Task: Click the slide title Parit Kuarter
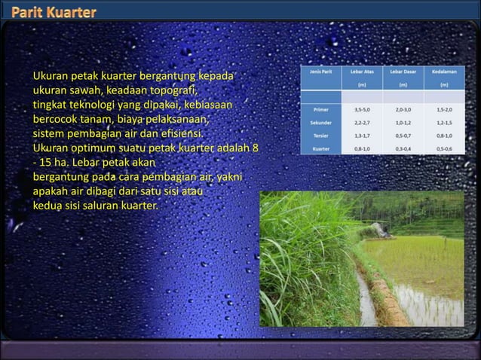pos(53,13)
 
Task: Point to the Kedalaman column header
pos(444,72)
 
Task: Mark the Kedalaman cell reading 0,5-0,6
pos(444,148)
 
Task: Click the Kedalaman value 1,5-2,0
pos(444,110)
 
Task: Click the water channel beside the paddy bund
pos(366,297)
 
